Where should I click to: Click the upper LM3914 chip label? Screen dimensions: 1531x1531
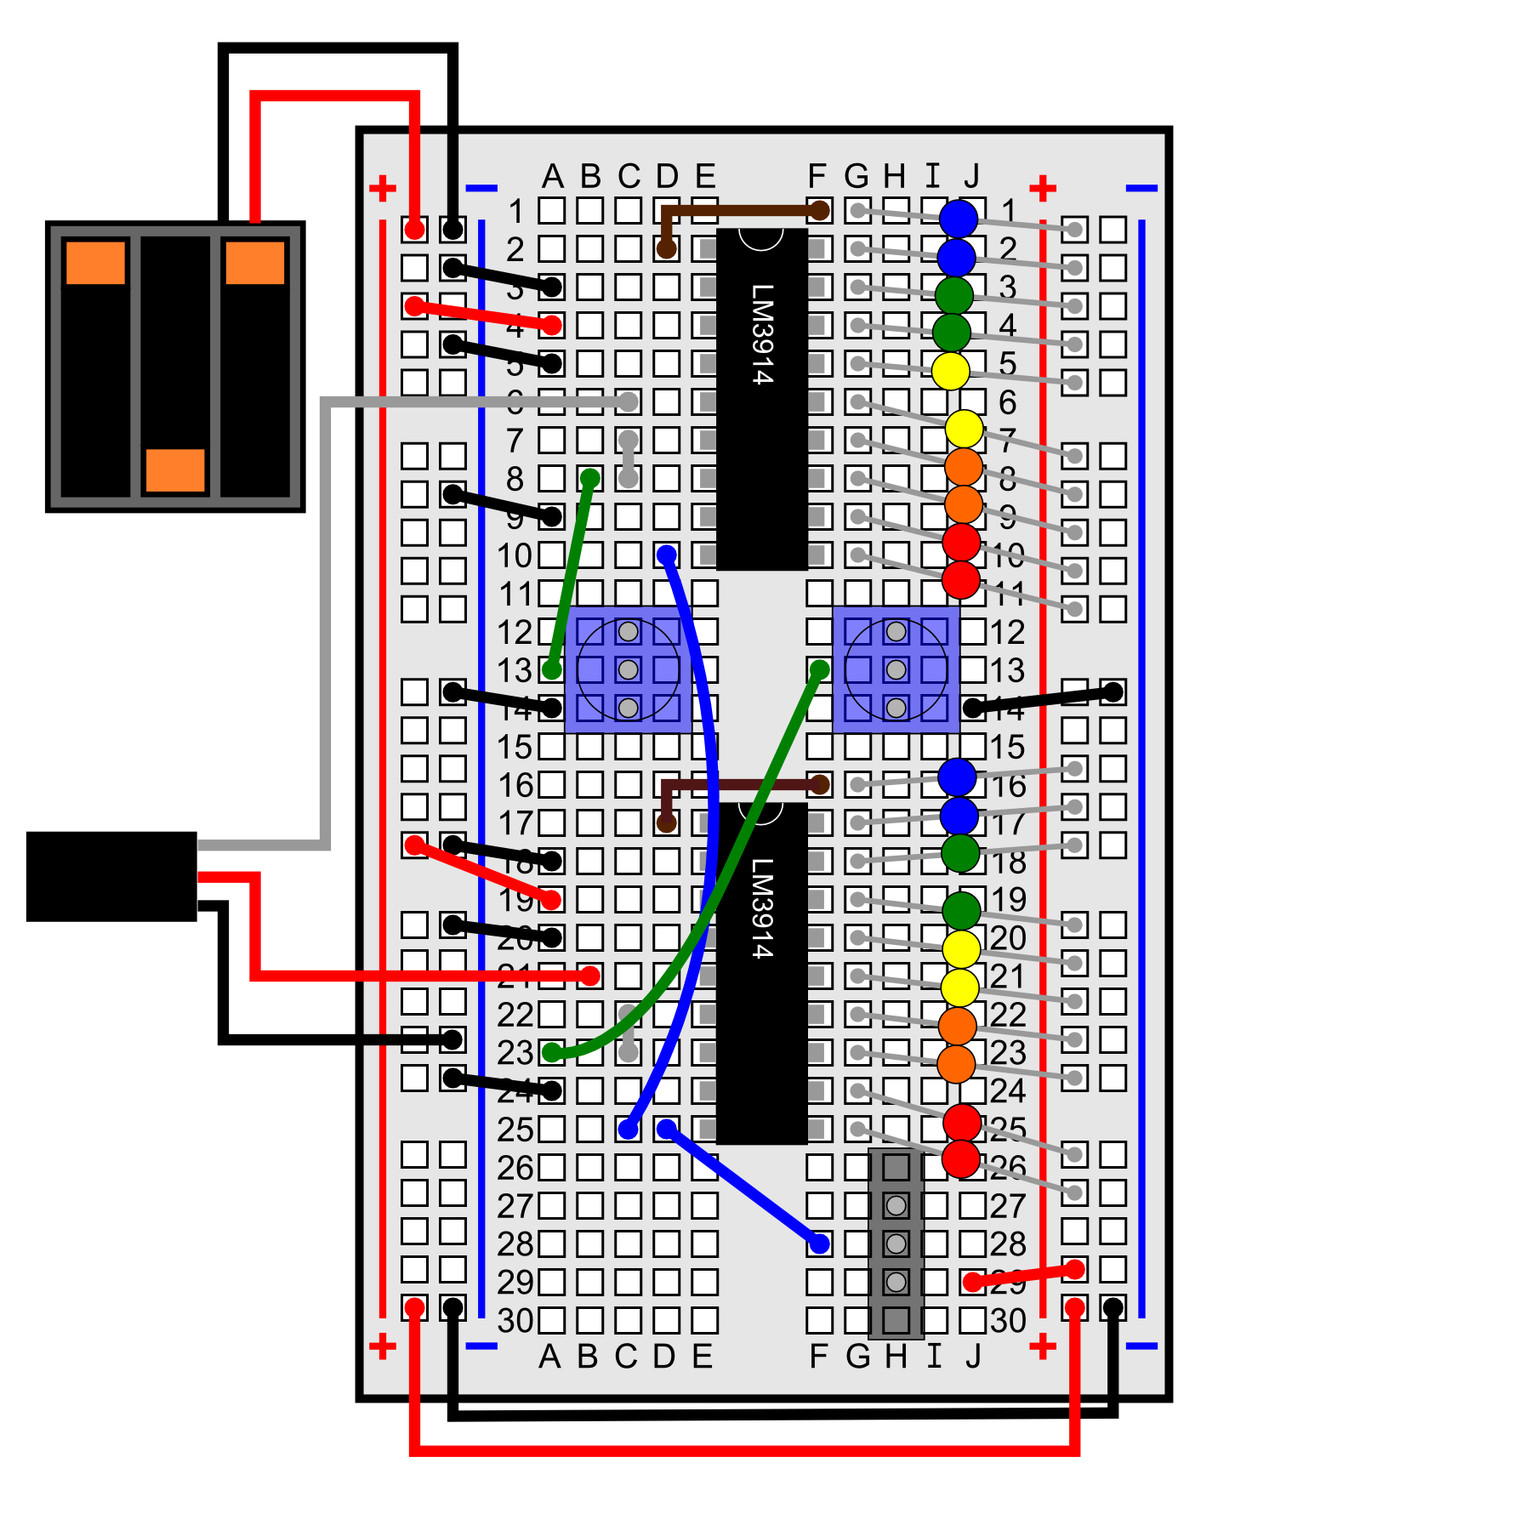(762, 333)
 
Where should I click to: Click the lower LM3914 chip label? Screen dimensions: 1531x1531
(762, 908)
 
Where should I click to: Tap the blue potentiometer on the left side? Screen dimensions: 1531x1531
(628, 669)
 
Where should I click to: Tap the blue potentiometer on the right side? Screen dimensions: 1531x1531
(896, 669)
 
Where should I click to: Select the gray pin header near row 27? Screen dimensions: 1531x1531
(896, 1244)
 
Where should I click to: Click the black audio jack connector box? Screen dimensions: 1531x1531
(111, 876)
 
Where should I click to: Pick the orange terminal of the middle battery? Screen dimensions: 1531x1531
(175, 470)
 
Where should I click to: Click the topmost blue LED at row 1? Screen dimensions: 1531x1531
(959, 218)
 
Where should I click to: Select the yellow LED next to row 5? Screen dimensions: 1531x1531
(950, 371)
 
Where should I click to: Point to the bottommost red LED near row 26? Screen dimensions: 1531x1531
(961, 1158)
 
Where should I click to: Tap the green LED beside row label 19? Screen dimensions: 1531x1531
(961, 910)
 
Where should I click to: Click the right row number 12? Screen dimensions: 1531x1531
(1007, 632)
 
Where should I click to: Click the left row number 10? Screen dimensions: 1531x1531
(514, 555)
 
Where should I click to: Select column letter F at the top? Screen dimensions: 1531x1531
(817, 176)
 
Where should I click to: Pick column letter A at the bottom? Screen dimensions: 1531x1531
(549, 1357)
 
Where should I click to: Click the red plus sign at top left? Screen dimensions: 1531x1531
(382, 188)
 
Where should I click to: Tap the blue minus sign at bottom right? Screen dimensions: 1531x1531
(1141, 1346)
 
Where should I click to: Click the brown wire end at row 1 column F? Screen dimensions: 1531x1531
(819, 210)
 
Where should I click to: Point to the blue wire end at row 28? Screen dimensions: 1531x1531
(819, 1244)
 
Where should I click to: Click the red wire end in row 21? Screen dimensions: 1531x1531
(589, 976)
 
